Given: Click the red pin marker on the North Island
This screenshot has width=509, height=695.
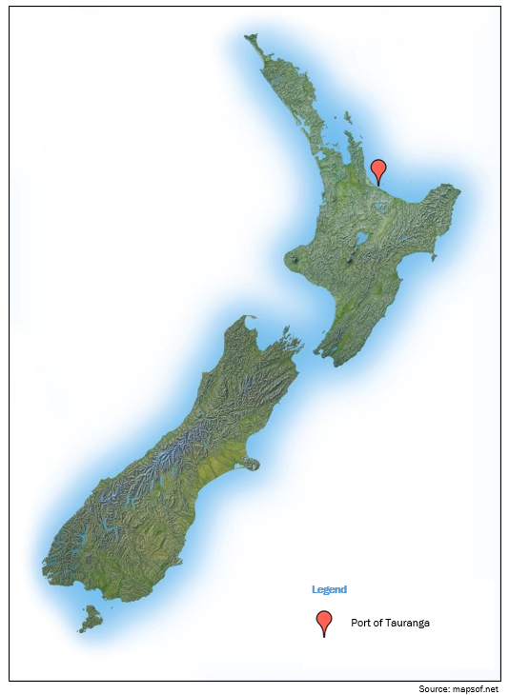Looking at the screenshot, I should click(378, 169).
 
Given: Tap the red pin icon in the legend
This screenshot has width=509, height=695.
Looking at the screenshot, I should click(324, 621).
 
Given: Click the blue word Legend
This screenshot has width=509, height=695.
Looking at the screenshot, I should click(329, 589).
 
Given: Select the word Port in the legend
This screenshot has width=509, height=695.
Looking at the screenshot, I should click(362, 623).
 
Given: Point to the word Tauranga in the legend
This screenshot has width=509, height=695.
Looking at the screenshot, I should click(409, 623).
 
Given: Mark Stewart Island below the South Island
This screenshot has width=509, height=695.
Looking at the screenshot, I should click(91, 618).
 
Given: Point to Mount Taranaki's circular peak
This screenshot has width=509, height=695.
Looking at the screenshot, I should click(295, 256).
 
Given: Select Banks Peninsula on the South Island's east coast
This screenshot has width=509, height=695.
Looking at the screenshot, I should click(250, 465).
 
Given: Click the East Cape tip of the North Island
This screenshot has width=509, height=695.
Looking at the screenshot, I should click(458, 191).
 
